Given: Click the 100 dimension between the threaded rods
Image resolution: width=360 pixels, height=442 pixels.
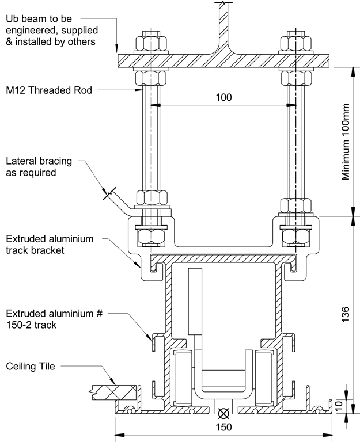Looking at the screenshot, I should (x=223, y=97).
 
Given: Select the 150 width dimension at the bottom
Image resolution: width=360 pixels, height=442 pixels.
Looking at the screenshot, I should (x=223, y=427).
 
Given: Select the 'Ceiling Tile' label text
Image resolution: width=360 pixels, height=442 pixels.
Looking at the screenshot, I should (x=31, y=366).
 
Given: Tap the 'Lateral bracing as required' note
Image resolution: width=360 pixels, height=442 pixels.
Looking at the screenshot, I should (x=39, y=167).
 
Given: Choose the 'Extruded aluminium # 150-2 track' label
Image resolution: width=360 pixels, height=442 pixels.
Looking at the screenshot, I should (x=50, y=318).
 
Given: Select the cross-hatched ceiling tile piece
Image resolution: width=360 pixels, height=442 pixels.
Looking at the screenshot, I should (x=114, y=393).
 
